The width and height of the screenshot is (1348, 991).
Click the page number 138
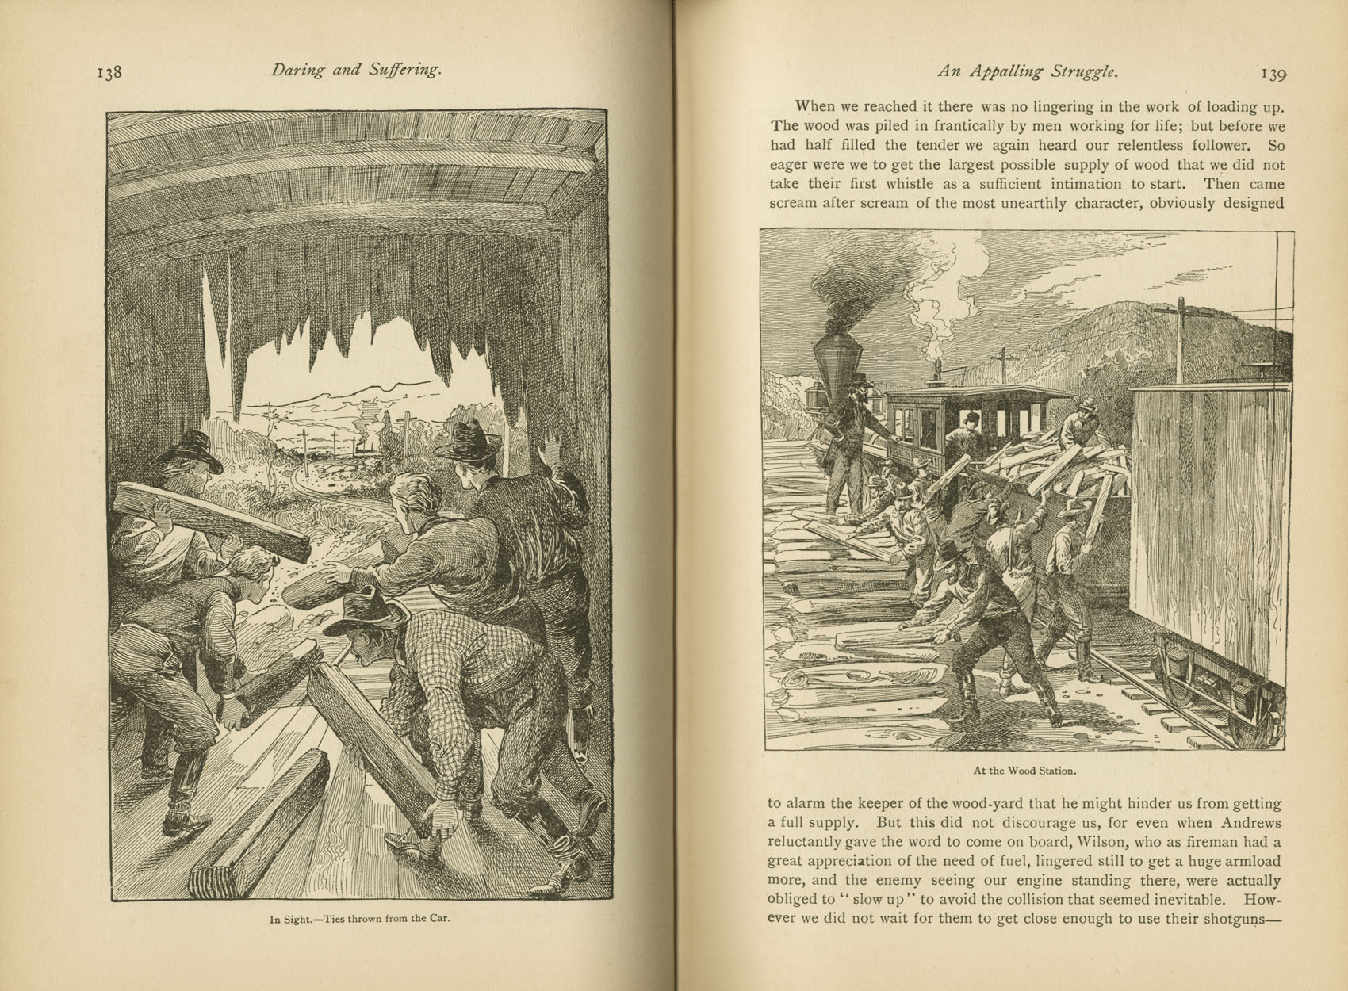coord(109,72)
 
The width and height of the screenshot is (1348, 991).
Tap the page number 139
coord(1272,75)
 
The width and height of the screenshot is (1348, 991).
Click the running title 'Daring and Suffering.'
coord(355,70)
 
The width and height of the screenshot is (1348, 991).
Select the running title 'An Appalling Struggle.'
coord(1028,71)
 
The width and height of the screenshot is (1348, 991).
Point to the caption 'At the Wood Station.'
coord(1024,770)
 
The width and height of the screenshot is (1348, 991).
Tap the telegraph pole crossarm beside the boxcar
coord(1180,311)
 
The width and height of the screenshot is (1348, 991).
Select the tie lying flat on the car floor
coord(262,817)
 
